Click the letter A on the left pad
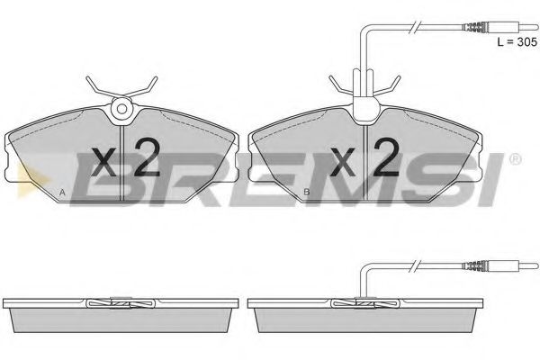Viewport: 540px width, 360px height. (x=62, y=193)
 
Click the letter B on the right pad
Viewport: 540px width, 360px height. (x=307, y=193)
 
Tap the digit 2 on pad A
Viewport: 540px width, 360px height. (x=147, y=157)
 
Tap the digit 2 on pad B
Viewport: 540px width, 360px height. (x=386, y=157)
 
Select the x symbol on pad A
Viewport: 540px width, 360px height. (x=104, y=162)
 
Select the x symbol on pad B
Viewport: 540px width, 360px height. (x=343, y=162)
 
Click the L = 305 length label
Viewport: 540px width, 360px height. (x=517, y=42)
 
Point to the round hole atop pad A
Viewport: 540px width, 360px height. (x=121, y=109)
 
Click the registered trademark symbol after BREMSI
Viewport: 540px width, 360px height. (x=515, y=159)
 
